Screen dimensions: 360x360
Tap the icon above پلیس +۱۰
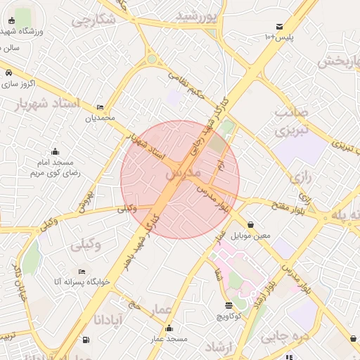point(279,26)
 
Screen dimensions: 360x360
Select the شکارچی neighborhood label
point(94,20)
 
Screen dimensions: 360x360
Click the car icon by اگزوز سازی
point(8,72)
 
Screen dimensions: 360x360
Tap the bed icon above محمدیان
point(100,107)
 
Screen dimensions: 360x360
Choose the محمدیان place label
point(99,117)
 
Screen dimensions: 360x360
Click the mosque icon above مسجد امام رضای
point(55,151)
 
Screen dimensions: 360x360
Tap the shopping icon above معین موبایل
point(251,225)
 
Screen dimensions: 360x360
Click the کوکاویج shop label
point(229,316)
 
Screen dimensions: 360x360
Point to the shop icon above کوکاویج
point(229,305)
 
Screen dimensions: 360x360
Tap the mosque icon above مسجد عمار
point(169,328)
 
